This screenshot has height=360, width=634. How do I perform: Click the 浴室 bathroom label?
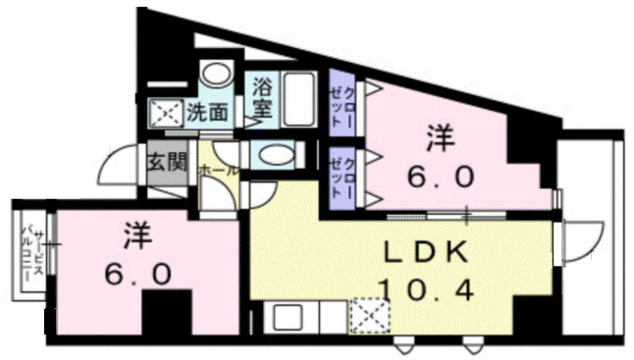coord(261,99)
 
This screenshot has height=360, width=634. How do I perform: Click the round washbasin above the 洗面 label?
coord(213,77)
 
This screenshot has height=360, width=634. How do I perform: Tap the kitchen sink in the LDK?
coord(289,319)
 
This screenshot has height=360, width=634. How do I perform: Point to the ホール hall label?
coord(217,170)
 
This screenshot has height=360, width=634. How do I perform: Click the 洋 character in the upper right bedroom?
coord(440,139)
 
